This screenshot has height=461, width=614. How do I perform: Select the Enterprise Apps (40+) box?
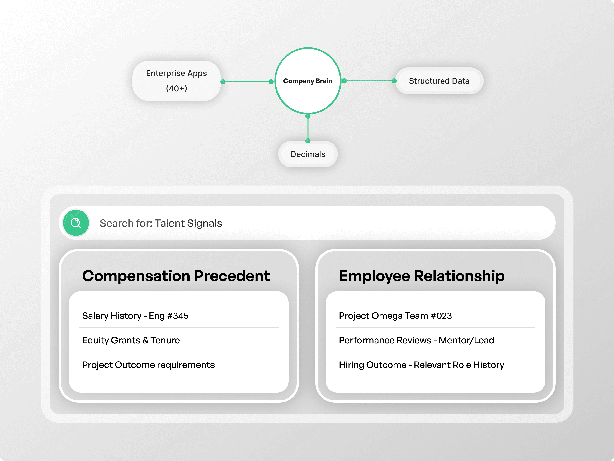176,81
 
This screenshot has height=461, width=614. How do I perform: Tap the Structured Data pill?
439,81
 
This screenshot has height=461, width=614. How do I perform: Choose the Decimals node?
308,154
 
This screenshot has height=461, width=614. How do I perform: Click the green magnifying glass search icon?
76,223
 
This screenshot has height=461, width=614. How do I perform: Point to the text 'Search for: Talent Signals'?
161,223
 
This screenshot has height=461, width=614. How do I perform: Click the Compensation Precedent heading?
176,276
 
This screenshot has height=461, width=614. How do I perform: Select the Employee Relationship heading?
421,276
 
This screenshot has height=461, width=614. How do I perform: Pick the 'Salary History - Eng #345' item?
135,316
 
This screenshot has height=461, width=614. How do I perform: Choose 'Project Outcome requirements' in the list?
148,365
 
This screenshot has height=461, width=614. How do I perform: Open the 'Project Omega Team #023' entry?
395,316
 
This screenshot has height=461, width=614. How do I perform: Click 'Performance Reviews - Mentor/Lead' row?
416,340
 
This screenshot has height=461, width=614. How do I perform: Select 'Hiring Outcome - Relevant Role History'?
421,365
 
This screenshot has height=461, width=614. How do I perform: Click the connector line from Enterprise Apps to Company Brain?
247,82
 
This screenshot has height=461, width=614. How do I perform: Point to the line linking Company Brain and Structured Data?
369,81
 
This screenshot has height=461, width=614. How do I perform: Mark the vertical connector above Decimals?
308,128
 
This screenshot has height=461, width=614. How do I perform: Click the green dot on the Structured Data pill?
394,81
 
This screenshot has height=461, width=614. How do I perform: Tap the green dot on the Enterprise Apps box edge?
223,82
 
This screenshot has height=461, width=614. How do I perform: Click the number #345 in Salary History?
178,316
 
